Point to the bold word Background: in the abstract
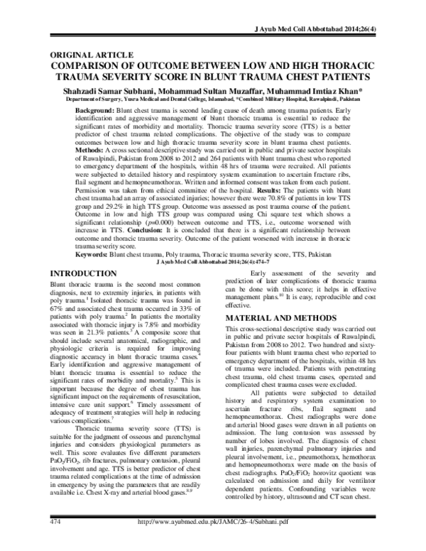[x=98, y=113]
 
